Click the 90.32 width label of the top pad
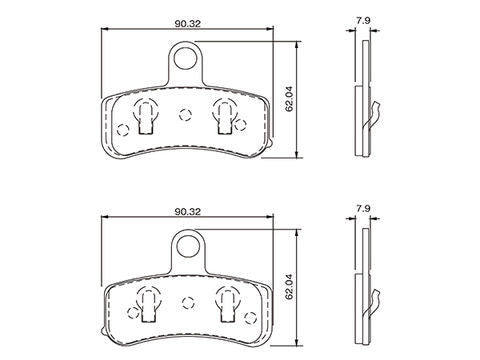coord(188,24)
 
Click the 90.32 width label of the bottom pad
coord(188,212)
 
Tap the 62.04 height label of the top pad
coord(289,99)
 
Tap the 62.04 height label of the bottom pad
coord(289,287)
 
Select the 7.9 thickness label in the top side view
coord(363,21)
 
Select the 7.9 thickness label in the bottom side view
coord(363,209)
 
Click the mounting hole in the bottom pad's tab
coord(188,246)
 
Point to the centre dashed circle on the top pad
coord(185,115)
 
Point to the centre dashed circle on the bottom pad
coord(188,303)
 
